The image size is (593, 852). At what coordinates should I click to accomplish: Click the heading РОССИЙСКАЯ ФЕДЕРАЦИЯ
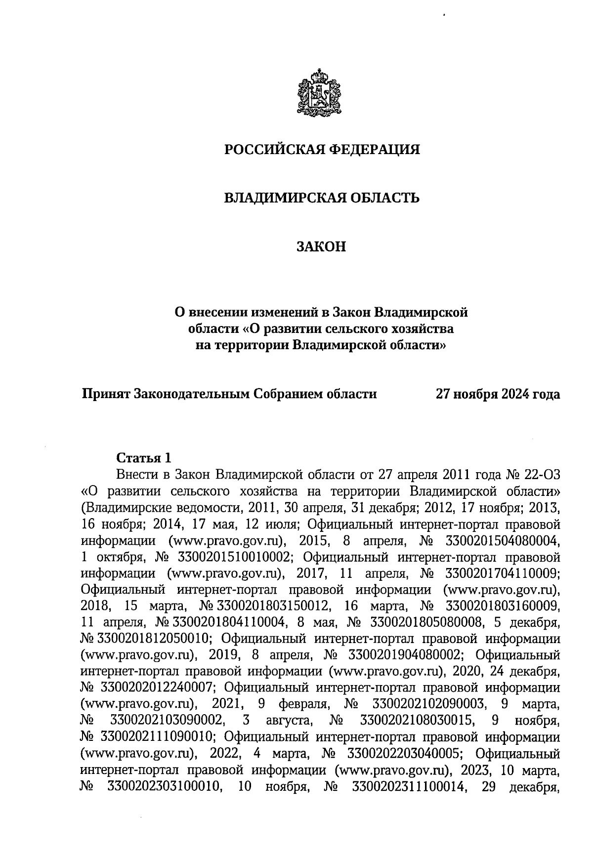click(322, 150)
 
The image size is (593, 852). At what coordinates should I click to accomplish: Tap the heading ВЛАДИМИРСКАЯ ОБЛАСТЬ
click(322, 198)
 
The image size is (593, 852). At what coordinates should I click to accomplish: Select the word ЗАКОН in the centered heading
click(321, 246)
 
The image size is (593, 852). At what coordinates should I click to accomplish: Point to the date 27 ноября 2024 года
click(497, 394)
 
